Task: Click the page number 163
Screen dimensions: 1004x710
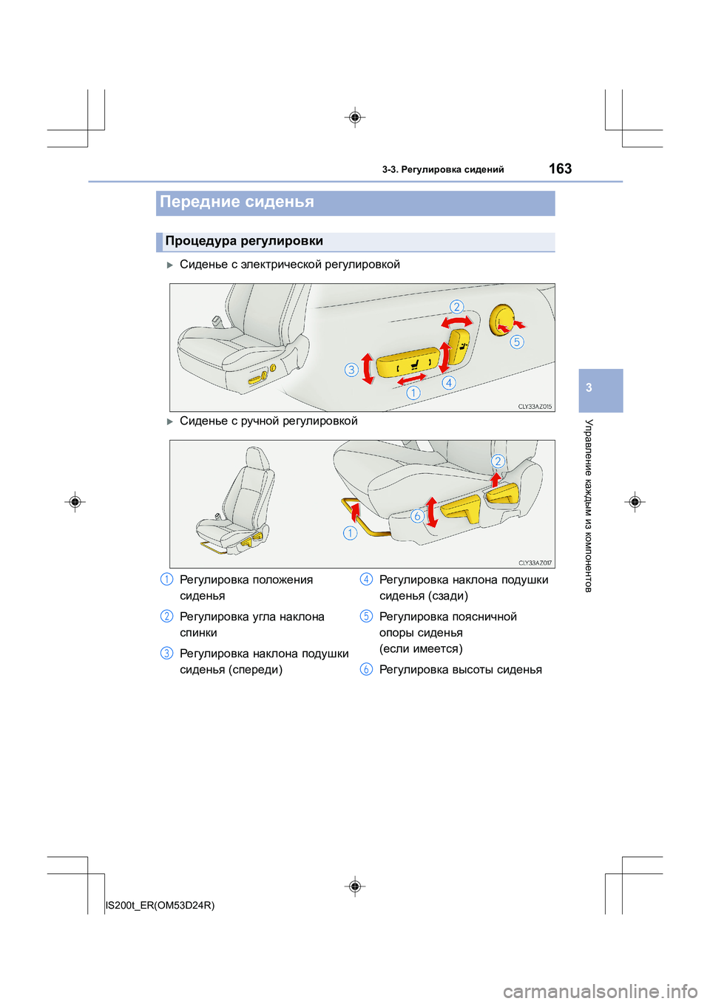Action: pos(560,169)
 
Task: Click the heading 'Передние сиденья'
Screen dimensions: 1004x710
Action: pos(237,202)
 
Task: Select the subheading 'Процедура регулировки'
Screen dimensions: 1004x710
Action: pos(244,241)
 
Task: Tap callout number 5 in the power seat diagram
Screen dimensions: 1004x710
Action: pos(517,342)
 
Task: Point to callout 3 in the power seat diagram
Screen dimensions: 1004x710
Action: pos(351,370)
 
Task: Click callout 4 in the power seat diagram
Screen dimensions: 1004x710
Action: pos(449,382)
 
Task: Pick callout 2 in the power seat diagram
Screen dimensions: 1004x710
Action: pos(456,307)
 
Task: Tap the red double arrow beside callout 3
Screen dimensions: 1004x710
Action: pos(368,368)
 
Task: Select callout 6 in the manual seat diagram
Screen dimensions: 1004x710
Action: pos(417,516)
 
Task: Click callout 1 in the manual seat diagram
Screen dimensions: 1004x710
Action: pos(350,532)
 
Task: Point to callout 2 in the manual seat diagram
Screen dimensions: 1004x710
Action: pos(498,461)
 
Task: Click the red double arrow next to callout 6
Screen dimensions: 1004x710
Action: pos(432,512)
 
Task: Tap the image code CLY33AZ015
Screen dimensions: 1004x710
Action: pos(535,407)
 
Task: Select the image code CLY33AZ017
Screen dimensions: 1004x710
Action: pos(535,563)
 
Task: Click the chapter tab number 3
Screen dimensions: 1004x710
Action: pos(589,387)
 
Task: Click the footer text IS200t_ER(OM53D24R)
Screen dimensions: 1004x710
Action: pos(160,905)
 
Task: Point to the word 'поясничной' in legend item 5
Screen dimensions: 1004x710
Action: pos(484,617)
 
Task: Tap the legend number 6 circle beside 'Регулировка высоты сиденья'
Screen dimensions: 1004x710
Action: pos(366,670)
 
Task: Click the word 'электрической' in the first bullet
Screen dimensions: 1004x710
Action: pos(281,265)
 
